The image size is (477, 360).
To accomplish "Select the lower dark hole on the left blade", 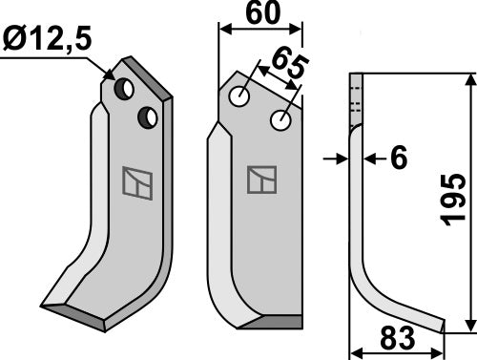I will (x=147, y=117).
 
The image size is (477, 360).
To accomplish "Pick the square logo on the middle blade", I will (x=260, y=180).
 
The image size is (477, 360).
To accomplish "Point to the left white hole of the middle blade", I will (x=240, y=97).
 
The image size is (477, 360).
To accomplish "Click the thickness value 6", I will (x=399, y=158).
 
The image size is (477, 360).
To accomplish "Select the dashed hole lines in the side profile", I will (x=357, y=96).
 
